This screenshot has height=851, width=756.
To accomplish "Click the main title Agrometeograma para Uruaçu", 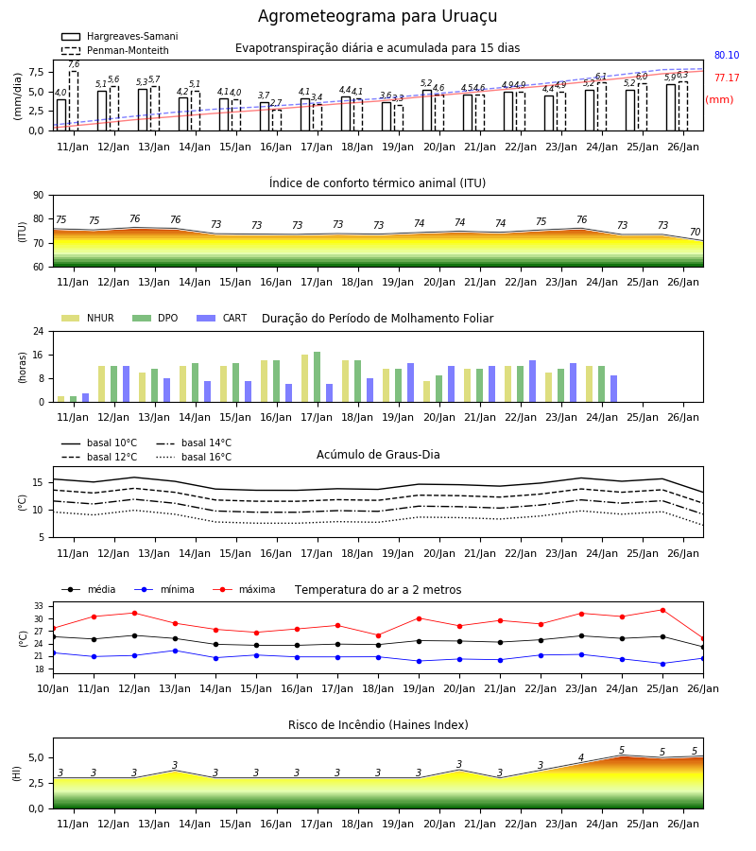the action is coord(377,16).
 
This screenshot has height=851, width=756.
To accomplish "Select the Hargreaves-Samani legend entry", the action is coord(120,36).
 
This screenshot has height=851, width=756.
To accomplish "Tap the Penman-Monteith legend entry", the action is coord(115,50).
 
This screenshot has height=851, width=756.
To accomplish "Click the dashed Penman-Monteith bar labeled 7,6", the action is coord(74,101).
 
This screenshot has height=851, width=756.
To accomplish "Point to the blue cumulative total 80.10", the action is coord(727,56).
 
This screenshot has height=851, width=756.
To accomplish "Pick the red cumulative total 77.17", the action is coord(727,78).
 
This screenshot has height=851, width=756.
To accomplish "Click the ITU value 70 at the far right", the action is coord(695,233).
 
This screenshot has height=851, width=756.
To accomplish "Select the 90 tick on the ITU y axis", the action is coord(39,196).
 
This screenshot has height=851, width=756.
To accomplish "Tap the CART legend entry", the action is coord(222,318).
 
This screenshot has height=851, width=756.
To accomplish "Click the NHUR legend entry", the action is coord(88,318).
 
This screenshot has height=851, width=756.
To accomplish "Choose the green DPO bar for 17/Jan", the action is coord(318,377).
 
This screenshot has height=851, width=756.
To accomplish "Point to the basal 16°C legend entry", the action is coord(194,457).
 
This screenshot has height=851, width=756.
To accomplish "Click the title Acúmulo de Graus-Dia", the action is coord(378,455).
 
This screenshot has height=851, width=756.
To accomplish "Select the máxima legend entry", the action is coord(245,589).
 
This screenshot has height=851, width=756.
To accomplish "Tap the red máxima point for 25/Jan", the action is coord(662,610).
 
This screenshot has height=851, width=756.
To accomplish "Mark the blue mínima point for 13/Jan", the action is coord(175,651).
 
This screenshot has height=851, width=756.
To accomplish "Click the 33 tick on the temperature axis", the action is coord(39,606).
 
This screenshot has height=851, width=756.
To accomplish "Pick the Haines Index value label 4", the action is coord(581,757).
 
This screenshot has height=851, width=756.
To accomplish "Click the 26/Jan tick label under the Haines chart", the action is coord(683,824).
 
